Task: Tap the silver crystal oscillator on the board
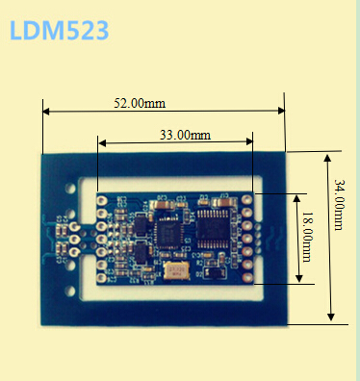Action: tap(176, 271)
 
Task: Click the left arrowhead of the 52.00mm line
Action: tap(46, 112)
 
